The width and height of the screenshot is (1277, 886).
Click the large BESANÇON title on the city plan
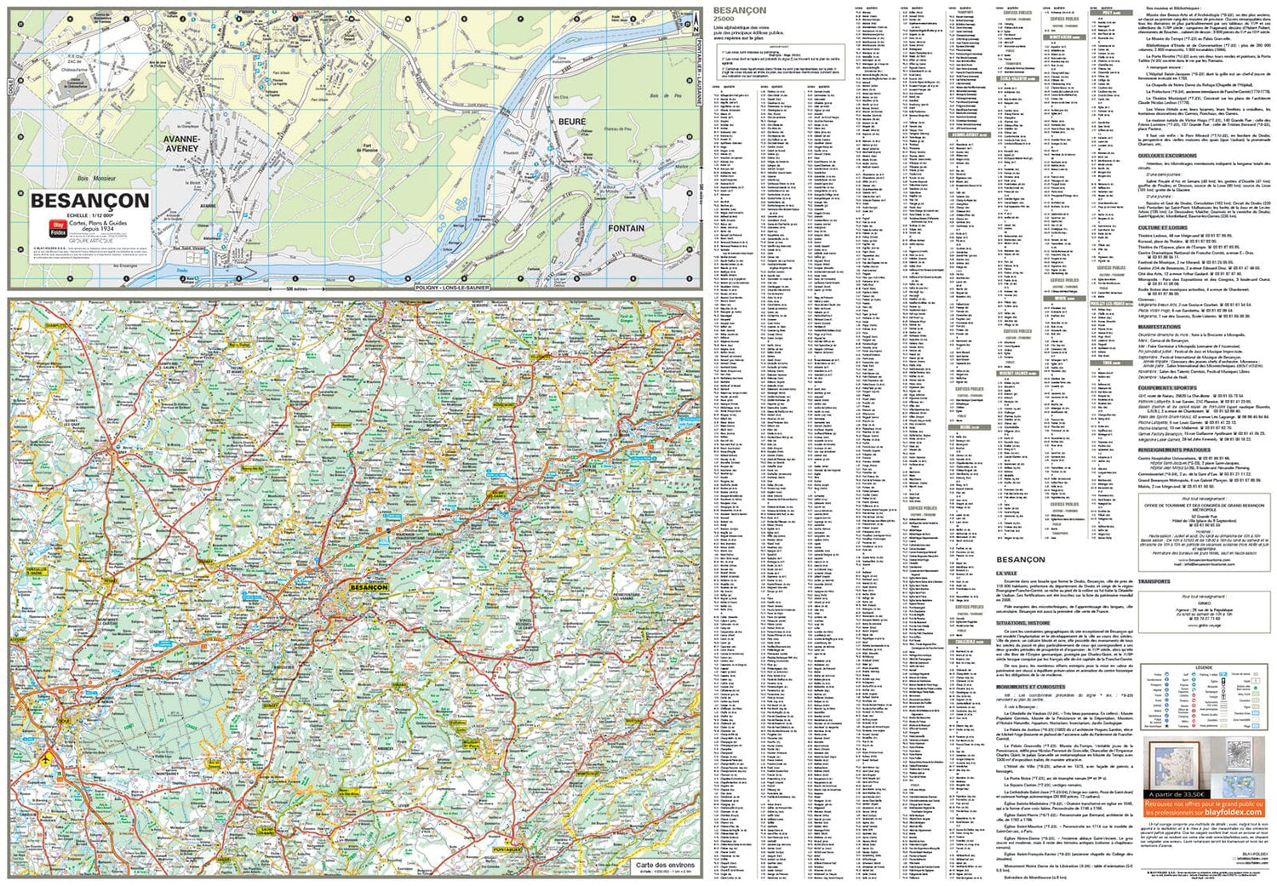point(89,201)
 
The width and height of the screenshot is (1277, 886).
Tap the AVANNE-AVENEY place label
point(181,144)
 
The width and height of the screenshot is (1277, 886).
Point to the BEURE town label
point(572,122)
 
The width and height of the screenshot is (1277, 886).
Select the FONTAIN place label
point(626,228)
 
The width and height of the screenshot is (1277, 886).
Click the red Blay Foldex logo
point(59,228)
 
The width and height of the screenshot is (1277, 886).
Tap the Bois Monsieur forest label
point(96,179)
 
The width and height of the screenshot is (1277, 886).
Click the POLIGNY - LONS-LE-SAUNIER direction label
point(452,288)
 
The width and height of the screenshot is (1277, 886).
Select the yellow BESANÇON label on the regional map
point(369,587)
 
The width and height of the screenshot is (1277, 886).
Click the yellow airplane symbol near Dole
point(44,758)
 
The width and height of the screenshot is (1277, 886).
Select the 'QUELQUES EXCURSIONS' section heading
point(1166,156)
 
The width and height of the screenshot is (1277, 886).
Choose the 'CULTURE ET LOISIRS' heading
point(1162,228)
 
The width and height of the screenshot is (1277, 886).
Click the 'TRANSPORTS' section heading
point(1154,581)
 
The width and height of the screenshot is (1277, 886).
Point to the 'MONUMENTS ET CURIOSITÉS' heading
point(1030,687)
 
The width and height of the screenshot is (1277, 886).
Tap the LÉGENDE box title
point(1203,667)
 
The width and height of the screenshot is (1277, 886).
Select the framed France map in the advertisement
point(1174,763)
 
